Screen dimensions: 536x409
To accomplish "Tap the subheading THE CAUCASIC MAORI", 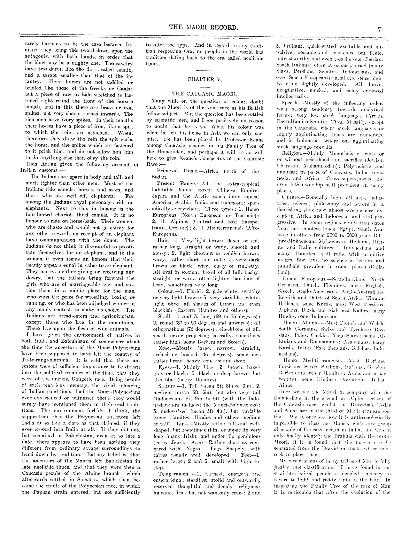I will (x=204, y=94).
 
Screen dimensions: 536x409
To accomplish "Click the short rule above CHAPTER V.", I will (x=204, y=70).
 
